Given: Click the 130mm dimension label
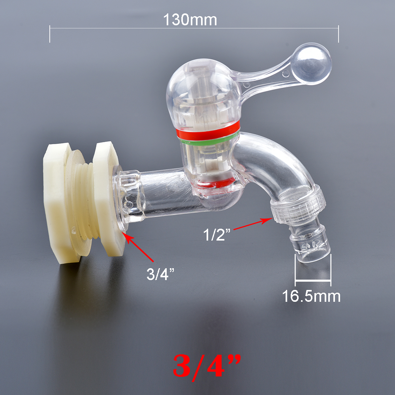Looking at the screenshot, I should [190, 20].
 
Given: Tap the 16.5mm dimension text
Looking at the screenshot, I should [311, 296].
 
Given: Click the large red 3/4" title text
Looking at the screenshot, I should [207, 365].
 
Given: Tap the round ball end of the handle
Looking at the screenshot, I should [312, 64].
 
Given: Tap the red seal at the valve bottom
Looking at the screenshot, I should [215, 182].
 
